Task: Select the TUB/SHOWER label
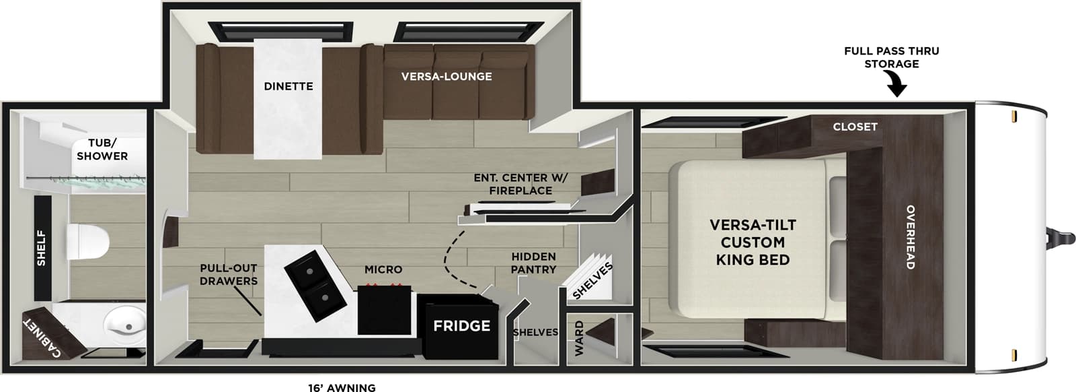(x=102, y=150)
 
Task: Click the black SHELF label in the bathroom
(x=42, y=248)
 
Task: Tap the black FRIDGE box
(x=461, y=327)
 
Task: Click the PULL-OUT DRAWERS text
(x=229, y=275)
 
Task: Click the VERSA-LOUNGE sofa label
(x=447, y=77)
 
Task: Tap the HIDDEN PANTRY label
(x=533, y=263)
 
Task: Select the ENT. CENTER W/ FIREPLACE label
(x=521, y=184)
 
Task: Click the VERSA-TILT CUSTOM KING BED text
(x=753, y=242)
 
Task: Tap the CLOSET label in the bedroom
(x=855, y=127)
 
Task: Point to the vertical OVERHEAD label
(x=910, y=237)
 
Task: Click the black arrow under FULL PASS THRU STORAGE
(x=896, y=86)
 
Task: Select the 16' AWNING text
(x=342, y=387)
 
